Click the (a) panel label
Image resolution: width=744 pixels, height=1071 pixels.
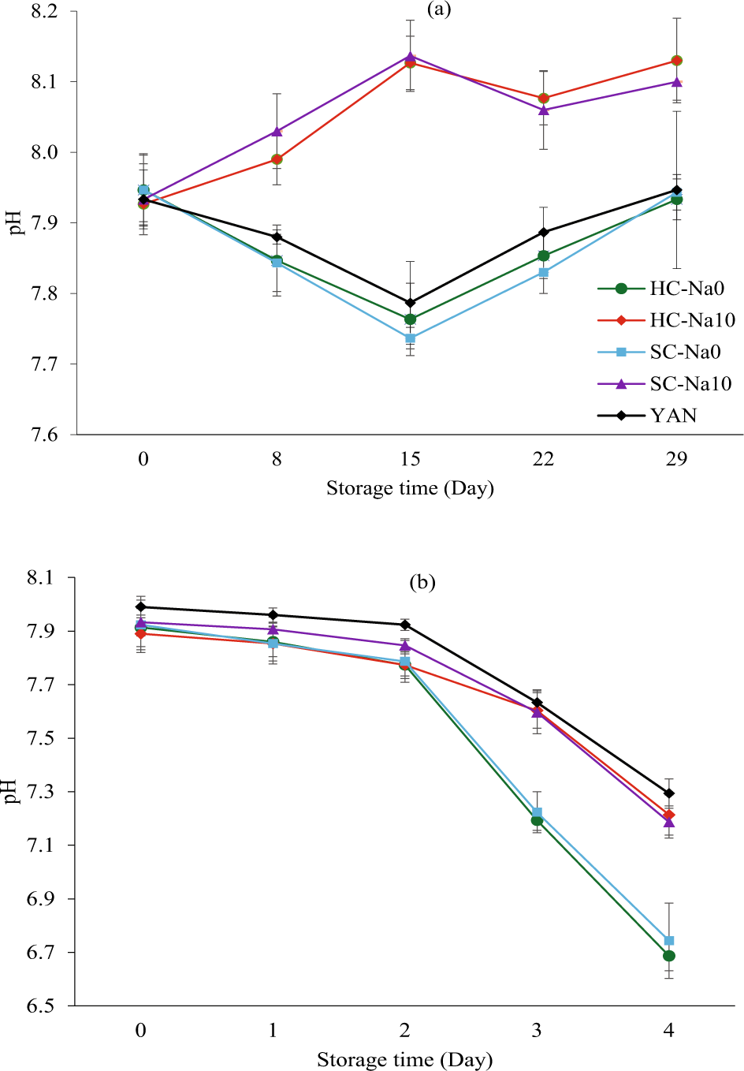(x=439, y=9)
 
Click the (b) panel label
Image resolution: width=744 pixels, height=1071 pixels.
(x=422, y=583)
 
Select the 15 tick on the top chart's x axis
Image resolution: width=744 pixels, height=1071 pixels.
(x=410, y=459)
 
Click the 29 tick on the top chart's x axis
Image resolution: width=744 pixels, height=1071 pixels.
(x=676, y=459)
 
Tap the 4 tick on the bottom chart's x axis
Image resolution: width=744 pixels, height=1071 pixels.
(x=669, y=1031)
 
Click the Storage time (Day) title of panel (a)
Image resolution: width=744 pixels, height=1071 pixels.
(x=410, y=488)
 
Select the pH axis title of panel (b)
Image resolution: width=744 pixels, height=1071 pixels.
(x=11, y=791)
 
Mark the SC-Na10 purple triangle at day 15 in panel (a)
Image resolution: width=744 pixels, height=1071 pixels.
(x=410, y=57)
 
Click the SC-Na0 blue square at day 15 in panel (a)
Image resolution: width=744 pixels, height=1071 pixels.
(x=410, y=338)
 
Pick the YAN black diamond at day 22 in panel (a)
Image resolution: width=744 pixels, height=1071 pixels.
(x=543, y=233)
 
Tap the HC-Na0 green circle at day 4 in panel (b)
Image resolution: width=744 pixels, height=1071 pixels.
(x=669, y=956)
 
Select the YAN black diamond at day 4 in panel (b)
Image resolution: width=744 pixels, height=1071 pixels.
(x=669, y=793)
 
